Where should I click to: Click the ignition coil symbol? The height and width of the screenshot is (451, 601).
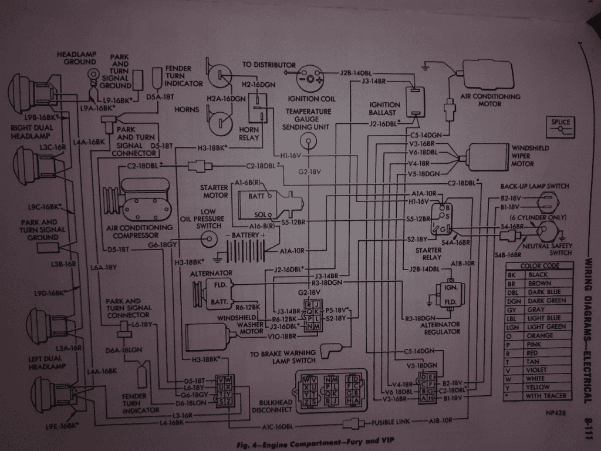pyautogui.click(x=310, y=76)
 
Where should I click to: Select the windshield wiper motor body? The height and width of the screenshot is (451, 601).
pyautogui.click(x=487, y=157)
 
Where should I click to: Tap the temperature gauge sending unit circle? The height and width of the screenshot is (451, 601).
pyautogui.click(x=307, y=141)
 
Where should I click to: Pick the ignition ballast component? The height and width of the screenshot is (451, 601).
pyautogui.click(x=416, y=100)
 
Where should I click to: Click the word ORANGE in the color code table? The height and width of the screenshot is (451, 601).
pyautogui.click(x=541, y=336)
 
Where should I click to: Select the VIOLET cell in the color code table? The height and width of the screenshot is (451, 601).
pyautogui.click(x=539, y=370)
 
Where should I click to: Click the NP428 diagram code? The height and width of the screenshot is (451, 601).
pyautogui.click(x=555, y=412)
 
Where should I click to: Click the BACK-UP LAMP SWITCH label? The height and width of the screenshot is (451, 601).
pyautogui.click(x=535, y=186)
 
